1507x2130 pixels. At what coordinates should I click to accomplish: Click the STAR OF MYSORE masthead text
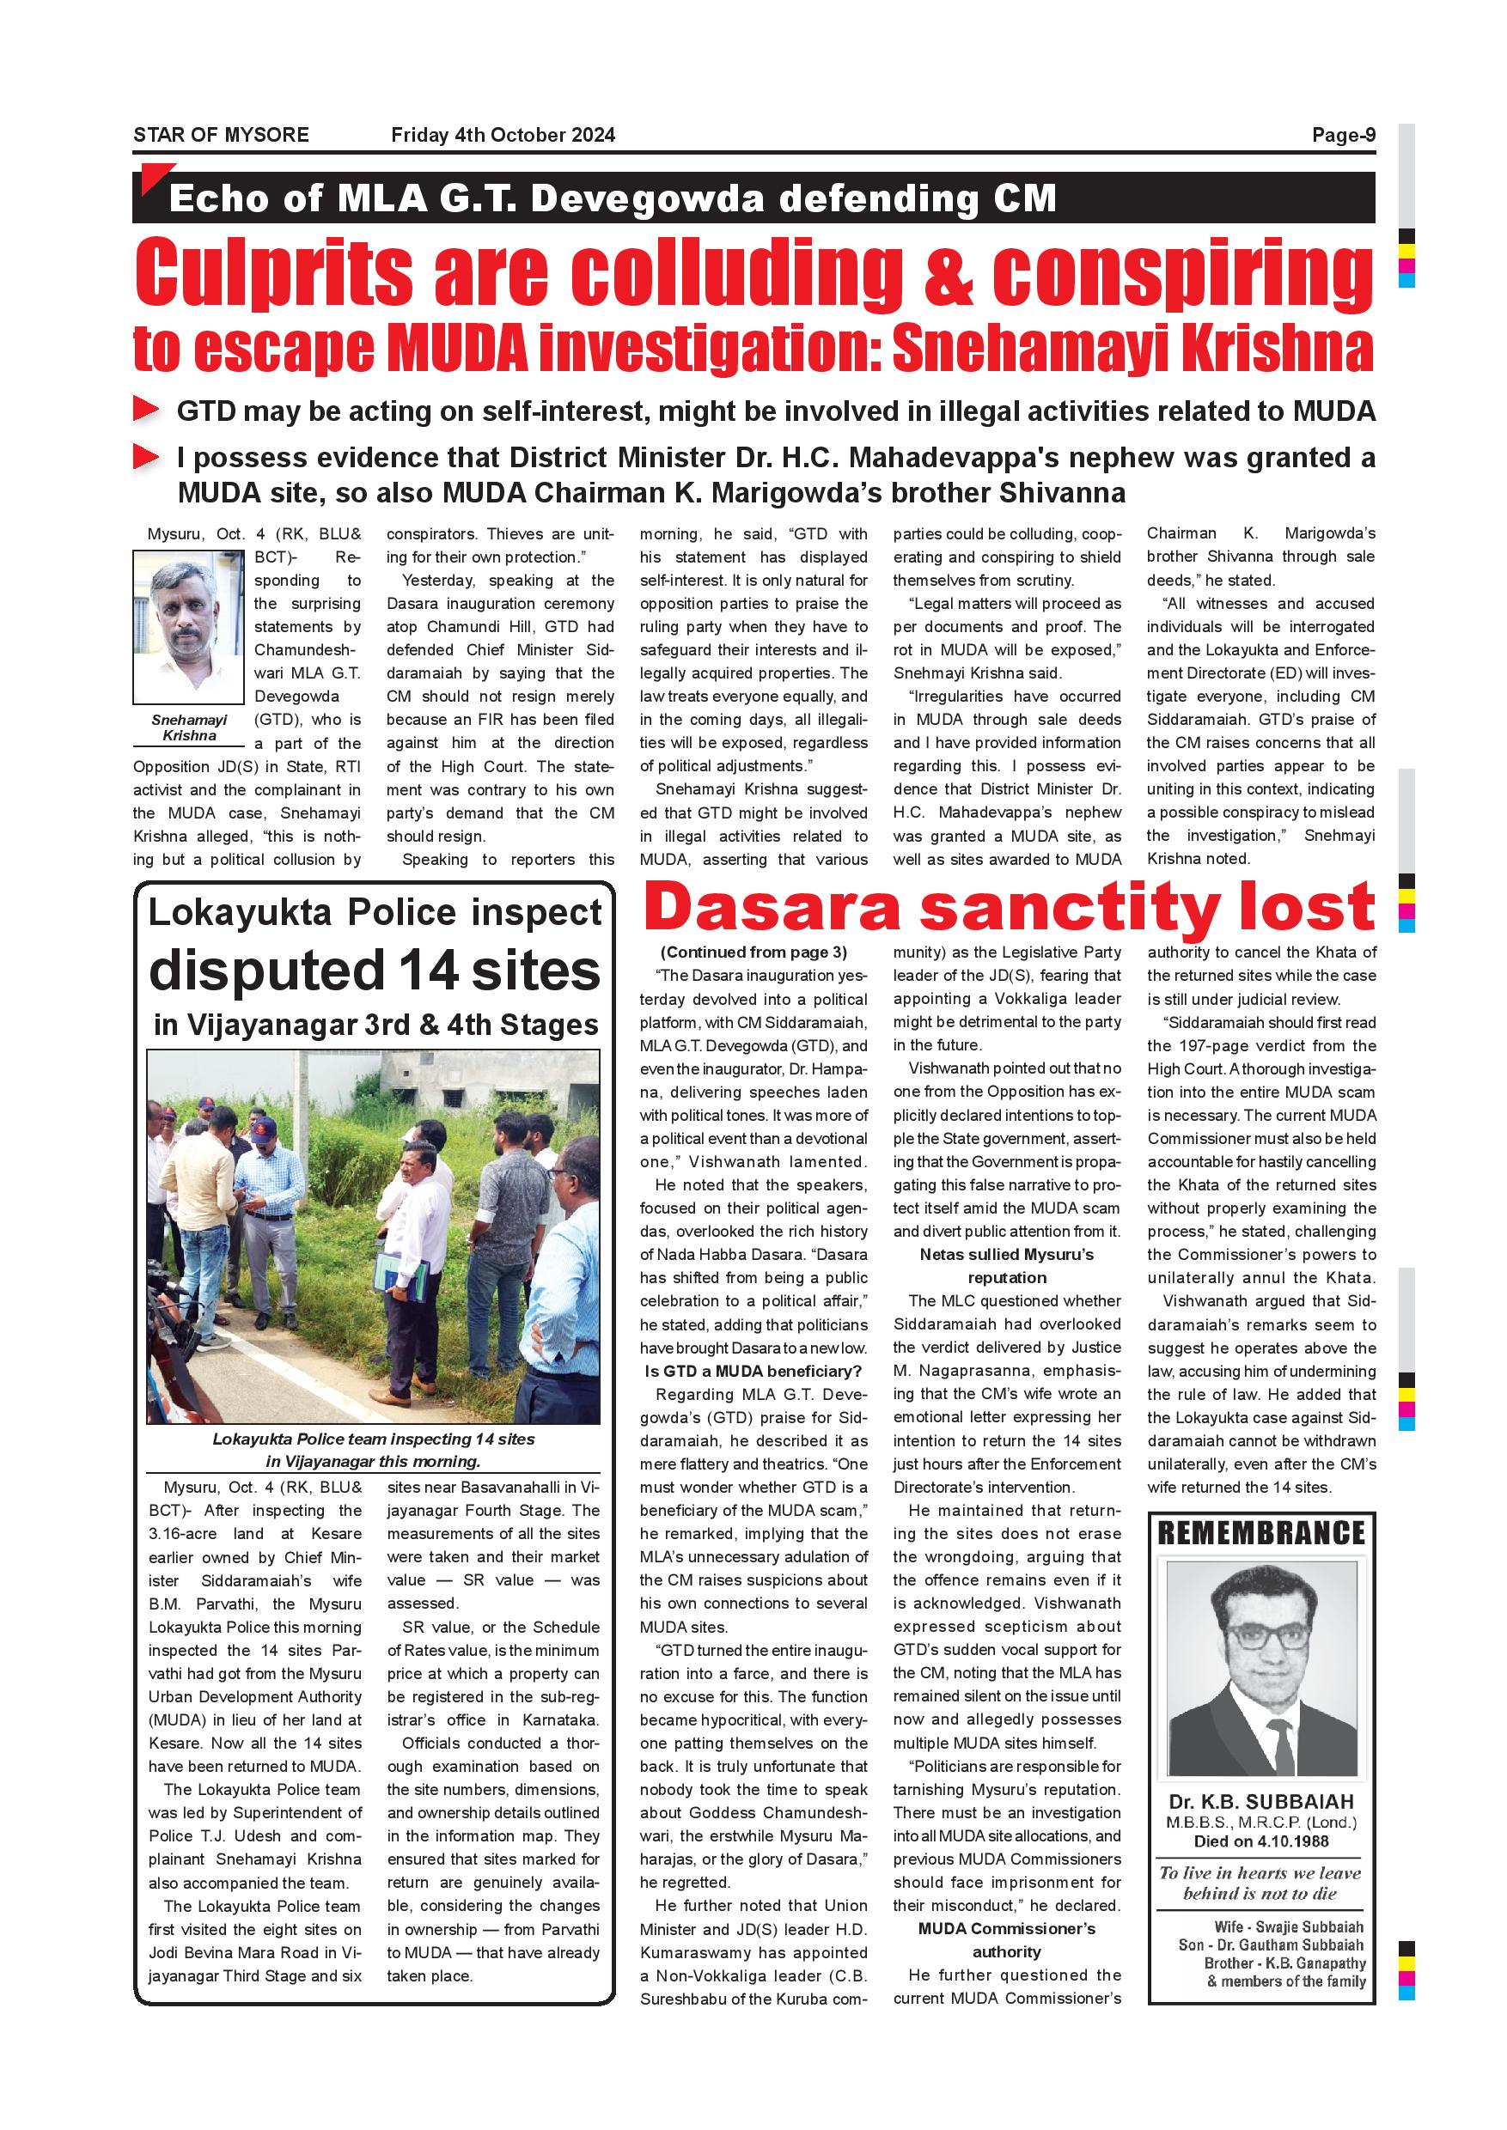pos(221,135)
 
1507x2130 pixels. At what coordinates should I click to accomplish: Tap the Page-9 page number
pos(1343,135)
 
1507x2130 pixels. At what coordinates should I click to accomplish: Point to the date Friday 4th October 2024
pos(503,135)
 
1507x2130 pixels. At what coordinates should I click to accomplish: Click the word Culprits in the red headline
pos(274,273)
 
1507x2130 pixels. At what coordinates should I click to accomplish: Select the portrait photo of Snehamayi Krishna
pos(188,627)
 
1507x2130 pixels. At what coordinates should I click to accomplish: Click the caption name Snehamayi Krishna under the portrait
pos(189,727)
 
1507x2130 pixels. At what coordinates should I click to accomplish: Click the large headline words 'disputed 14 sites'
pos(375,971)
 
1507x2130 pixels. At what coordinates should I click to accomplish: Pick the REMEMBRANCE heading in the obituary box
pos(1261,1533)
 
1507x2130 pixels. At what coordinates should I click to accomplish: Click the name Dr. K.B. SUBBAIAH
pos(1261,1802)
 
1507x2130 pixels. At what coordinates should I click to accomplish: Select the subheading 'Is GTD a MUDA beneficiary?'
pos(753,1371)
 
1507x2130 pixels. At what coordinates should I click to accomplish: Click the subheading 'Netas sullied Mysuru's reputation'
pos(1007,1265)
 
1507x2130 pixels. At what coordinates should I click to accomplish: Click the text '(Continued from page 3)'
pos(753,952)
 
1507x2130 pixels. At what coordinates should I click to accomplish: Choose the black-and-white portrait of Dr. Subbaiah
pos(1261,1670)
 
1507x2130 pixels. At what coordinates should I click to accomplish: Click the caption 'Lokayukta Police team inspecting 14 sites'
pos(373,1439)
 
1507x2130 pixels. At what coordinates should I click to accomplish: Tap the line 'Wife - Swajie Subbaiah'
pos(1289,1926)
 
